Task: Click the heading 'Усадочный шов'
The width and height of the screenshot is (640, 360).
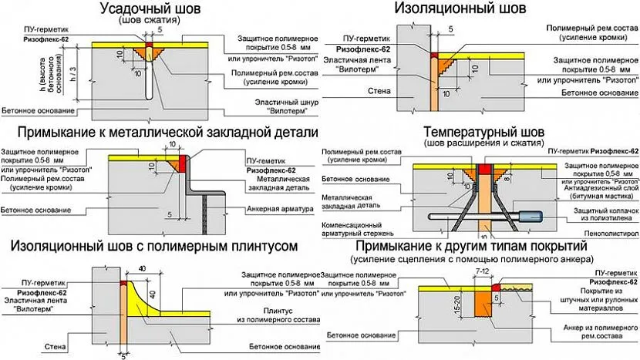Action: [147, 8]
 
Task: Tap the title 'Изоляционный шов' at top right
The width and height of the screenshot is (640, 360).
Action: [460, 8]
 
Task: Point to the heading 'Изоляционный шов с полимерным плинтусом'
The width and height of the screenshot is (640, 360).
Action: [153, 245]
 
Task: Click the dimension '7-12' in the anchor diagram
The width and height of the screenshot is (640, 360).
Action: [484, 273]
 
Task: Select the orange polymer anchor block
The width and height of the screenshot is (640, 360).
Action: [482, 304]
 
